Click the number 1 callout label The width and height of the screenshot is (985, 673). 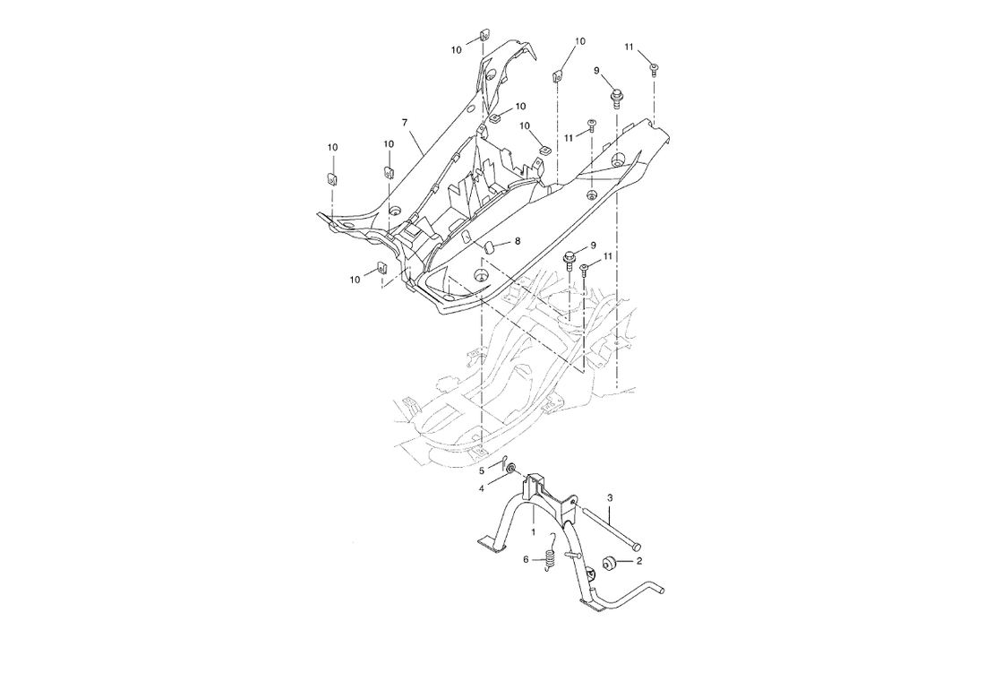[x=534, y=532]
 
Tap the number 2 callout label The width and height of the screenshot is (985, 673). [x=639, y=563]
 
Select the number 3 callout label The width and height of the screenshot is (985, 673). [x=610, y=497]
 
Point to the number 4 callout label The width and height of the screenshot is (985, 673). [x=481, y=488]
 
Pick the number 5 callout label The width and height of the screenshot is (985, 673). [x=481, y=470]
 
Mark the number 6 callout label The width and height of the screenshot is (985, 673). [x=527, y=559]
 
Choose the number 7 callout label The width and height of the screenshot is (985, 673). [x=405, y=121]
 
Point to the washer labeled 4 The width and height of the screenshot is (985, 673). [x=510, y=470]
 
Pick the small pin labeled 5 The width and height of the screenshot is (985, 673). [x=501, y=462]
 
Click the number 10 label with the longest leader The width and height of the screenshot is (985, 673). [x=579, y=42]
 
